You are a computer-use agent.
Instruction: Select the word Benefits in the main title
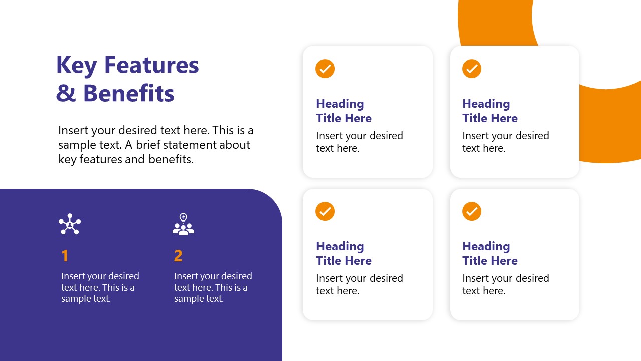coord(129,93)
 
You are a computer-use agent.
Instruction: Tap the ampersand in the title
coord(65,94)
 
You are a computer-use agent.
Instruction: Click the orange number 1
coord(65,256)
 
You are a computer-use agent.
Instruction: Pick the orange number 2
coord(178,256)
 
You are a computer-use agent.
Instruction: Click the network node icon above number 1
coord(70,224)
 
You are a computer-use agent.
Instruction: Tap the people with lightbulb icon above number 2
coord(183,224)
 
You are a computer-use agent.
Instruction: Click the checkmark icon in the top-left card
coord(325,69)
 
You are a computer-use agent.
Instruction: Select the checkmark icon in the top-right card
coord(472,69)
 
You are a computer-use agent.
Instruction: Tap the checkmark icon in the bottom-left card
coord(325,211)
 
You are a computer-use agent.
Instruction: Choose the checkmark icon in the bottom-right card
coord(472,211)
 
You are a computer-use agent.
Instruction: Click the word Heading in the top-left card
coord(340,104)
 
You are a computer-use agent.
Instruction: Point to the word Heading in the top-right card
coord(486,104)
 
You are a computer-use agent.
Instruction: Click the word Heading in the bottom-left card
coord(340,246)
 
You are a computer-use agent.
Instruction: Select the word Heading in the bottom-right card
coord(486,246)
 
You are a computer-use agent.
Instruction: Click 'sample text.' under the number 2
coord(199,299)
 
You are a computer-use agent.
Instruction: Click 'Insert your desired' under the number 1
coord(100,276)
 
